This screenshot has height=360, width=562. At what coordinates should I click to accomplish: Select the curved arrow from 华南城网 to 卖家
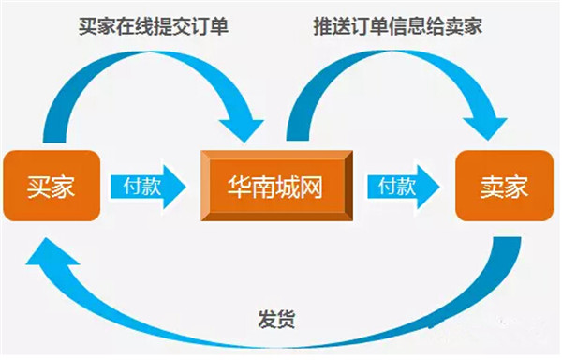pyautogui.click(x=393, y=58)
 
